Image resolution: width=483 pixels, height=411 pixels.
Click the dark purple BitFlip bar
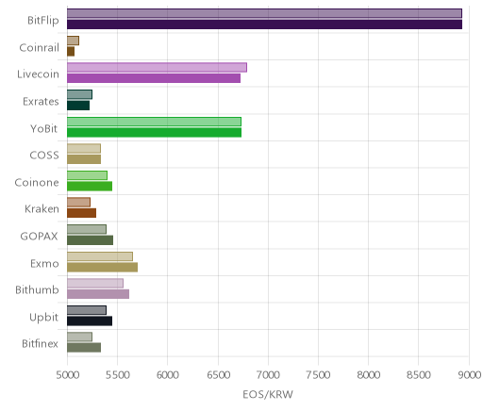pyautogui.click(x=264, y=25)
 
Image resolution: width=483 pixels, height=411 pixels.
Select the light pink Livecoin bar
pyautogui.click(x=157, y=67)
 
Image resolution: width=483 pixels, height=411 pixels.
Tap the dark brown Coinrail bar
pyautogui.click(x=71, y=52)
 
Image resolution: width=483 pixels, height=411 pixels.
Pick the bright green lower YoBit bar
pyautogui.click(x=154, y=133)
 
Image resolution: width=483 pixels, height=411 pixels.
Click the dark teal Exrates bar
pyautogui.click(x=78, y=106)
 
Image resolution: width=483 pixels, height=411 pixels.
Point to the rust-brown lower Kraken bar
pyautogui.click(x=81, y=213)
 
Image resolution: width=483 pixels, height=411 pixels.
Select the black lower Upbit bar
pyautogui.click(x=90, y=321)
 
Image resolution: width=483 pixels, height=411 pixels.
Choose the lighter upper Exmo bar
pyautogui.click(x=100, y=256)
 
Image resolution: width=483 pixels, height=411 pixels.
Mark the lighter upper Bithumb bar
pyautogui.click(x=95, y=283)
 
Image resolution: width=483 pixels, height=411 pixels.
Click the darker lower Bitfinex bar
pyautogui.click(x=84, y=348)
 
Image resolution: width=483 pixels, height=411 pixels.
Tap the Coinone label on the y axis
pyautogui.click(x=37, y=182)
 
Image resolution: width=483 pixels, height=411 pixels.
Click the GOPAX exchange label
pyautogui.click(x=40, y=236)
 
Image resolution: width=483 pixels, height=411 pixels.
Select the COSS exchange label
pyautogui.click(x=44, y=156)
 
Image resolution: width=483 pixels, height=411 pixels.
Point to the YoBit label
pyautogui.click(x=44, y=128)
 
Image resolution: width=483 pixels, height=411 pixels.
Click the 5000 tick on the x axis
pyautogui.click(x=67, y=375)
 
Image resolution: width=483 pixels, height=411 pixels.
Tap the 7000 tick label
pyautogui.click(x=268, y=375)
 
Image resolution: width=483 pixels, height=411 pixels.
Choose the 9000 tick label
pyautogui.click(x=469, y=375)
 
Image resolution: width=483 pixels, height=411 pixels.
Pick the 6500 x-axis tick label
pyautogui.click(x=218, y=375)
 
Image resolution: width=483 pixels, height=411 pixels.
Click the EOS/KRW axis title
pyautogui.click(x=268, y=394)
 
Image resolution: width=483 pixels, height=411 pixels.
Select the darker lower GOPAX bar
pyautogui.click(x=90, y=240)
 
